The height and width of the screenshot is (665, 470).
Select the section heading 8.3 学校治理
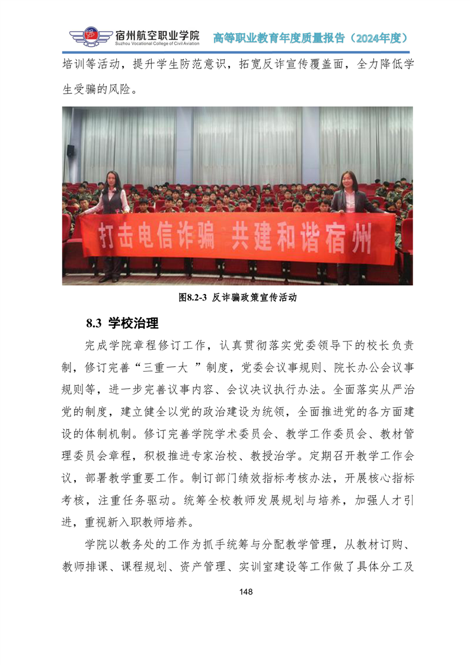(122, 324)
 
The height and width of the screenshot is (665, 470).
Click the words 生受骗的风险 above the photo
(97, 90)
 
